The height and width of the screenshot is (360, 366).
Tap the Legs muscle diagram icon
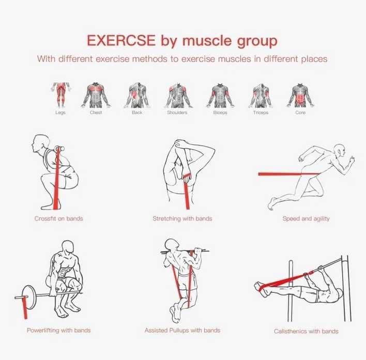coord(60,95)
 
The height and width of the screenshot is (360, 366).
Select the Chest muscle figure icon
coord(96,95)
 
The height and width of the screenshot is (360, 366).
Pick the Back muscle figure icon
coord(136,95)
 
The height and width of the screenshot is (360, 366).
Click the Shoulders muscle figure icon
coord(177,95)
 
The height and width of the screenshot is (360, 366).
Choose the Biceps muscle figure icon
coord(219,95)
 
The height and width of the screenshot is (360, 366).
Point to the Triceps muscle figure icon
coord(261,95)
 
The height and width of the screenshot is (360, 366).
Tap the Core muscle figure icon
coord(300,95)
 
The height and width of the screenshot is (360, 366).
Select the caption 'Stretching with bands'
coord(182,218)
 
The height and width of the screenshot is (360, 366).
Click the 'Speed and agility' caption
coord(306,218)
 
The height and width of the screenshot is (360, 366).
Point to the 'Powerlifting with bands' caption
coord(58,330)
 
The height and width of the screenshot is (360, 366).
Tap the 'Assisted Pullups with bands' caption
coord(182,330)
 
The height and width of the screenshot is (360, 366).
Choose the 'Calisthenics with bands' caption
coord(306,331)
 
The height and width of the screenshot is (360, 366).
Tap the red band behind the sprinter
coord(279,174)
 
